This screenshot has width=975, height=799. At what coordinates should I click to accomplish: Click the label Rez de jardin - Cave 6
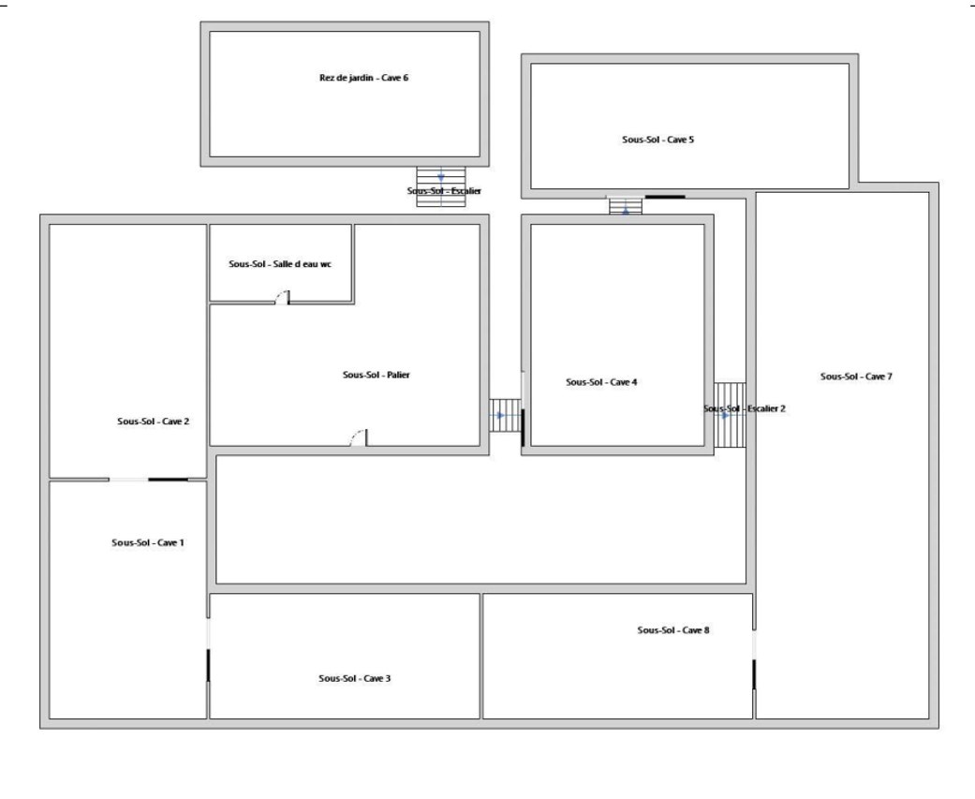363,78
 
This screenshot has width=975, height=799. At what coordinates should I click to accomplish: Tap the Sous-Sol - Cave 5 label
657,140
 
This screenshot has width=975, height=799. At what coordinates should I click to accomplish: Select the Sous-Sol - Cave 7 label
856,377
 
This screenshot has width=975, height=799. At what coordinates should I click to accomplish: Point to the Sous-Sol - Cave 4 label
601,382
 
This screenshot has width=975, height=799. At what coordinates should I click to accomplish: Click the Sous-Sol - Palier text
377,375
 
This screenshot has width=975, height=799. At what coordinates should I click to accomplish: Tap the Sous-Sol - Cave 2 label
153,421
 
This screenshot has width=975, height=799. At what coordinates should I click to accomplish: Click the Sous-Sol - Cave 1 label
148,542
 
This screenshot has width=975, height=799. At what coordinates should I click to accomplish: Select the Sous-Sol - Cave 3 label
354,678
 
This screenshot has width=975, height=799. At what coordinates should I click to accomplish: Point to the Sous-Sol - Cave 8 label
673,629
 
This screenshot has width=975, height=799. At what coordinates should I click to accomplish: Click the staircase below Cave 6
441,186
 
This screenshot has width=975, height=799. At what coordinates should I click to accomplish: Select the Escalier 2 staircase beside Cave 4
730,415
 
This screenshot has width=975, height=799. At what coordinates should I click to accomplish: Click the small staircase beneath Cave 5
626,206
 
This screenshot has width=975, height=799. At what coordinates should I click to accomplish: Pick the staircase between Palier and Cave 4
505,415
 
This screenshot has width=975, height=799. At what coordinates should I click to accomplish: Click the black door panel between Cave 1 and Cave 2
168,480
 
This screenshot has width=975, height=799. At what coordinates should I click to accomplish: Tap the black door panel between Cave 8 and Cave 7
754,674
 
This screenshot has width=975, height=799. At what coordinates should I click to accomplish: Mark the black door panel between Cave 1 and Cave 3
208,665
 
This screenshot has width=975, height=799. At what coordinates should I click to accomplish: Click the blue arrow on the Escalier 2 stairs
725,415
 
